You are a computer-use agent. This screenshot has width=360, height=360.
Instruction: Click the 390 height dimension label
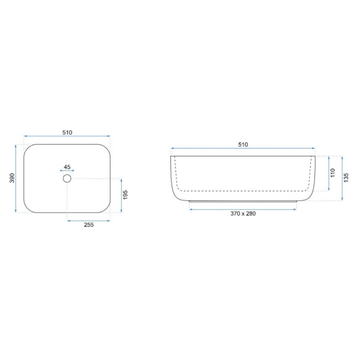[12, 178]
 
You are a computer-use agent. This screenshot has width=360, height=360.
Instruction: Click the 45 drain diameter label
[67, 167]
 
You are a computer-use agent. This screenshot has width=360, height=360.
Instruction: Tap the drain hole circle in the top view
[67, 178]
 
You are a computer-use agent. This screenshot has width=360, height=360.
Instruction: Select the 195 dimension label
[125, 194]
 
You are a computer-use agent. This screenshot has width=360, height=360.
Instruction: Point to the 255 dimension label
[89, 225]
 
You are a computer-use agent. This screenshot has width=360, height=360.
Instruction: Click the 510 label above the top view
[67, 133]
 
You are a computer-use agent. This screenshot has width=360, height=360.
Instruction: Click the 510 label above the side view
[243, 145]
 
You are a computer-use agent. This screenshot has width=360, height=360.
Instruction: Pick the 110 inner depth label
[333, 173]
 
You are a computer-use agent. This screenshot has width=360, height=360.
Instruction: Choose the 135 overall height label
[346, 178]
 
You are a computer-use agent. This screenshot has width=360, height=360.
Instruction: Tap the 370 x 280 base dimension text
[243, 214]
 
